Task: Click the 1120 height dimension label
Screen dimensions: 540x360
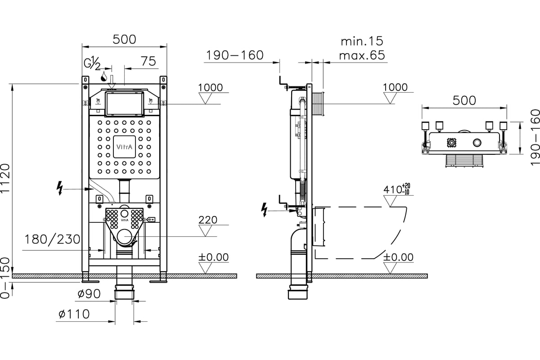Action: (5, 178)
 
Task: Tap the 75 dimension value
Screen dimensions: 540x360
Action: (148, 61)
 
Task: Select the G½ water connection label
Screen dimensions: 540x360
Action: (92, 63)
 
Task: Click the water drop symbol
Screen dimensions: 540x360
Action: (104, 76)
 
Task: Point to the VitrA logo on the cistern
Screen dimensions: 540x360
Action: (124, 147)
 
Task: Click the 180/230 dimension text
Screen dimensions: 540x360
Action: (52, 240)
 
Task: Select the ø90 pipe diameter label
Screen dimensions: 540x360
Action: (89, 294)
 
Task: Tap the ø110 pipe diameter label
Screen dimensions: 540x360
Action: (74, 314)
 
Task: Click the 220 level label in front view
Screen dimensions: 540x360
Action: (208, 220)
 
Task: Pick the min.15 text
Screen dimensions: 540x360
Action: (362, 41)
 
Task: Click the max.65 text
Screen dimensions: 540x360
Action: (362, 55)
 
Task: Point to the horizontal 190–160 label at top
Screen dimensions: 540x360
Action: (235, 55)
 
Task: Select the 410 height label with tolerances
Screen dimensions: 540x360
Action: (396, 189)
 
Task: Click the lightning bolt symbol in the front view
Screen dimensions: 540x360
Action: (59, 188)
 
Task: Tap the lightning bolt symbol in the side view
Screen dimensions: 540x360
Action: (265, 210)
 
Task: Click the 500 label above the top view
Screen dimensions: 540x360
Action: (464, 100)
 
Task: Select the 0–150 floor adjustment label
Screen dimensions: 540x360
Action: (5, 278)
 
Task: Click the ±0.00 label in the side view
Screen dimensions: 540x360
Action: (398, 257)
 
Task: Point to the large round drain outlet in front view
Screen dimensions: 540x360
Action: (124, 237)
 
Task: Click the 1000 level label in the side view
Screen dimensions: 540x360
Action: (395, 87)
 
